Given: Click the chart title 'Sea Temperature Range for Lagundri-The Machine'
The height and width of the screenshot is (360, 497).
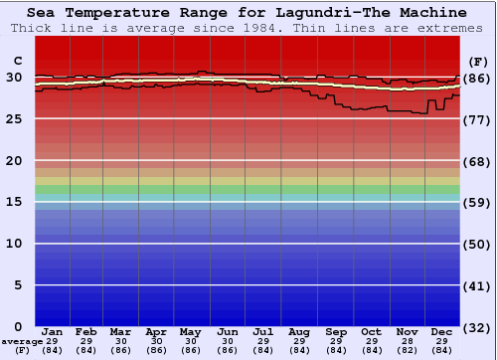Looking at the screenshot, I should pos(247,12).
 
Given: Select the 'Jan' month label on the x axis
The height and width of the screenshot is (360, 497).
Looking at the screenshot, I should pos(53,331).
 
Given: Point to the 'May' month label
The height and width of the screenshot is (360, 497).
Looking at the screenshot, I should pos(190,331).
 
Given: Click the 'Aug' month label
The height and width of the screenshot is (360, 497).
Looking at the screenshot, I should pos(298,331).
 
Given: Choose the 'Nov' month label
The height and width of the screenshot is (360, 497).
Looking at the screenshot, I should pos(407,331).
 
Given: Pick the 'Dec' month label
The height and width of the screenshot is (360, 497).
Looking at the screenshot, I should pos(442,331).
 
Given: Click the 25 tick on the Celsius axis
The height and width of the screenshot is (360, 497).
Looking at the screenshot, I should pos(15,119).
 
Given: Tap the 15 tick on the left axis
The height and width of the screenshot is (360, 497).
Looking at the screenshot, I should pos(15,202).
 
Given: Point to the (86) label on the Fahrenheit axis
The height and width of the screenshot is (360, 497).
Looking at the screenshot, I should pos(477,78).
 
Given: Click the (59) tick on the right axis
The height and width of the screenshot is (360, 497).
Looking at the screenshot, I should pos(477,202).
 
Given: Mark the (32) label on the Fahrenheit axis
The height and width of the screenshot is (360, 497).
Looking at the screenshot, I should pos(477,326).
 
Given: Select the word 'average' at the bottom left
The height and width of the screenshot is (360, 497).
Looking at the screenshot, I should pos(22,341).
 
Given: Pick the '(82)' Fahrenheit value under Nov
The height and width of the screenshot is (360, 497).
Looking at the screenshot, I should pos(407,350).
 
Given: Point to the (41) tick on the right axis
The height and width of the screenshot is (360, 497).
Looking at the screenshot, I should pos(477,285).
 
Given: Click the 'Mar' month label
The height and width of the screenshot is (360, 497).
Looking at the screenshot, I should pos(120,331).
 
